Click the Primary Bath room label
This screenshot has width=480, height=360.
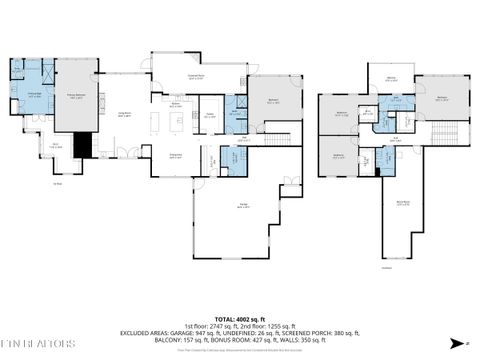pyautogui.click(x=33, y=94)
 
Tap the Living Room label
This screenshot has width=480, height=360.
pyautogui.click(x=124, y=116)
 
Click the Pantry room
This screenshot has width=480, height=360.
pyautogui.click(x=211, y=115)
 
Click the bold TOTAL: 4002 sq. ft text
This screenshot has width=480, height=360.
pyautogui.click(x=240, y=290)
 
